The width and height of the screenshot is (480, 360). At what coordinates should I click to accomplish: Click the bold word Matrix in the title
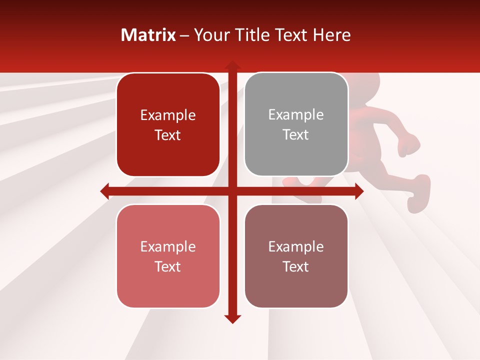[148, 35]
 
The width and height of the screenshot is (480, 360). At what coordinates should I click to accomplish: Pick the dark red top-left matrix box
[168, 124]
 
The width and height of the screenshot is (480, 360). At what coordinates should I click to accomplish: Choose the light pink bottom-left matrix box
[168, 256]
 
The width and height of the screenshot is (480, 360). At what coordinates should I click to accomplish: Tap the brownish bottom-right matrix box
[296, 256]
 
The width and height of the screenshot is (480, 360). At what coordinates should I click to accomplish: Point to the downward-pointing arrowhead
[232, 318]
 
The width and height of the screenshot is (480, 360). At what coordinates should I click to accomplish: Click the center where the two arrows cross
[232, 191]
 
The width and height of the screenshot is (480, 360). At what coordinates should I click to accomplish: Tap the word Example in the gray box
[296, 115]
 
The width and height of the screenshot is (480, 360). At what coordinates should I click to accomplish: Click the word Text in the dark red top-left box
[167, 135]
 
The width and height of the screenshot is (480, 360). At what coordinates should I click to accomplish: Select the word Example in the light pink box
[167, 246]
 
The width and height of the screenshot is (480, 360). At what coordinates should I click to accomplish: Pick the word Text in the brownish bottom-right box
[296, 266]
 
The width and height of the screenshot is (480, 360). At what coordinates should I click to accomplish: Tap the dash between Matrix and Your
[184, 35]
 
